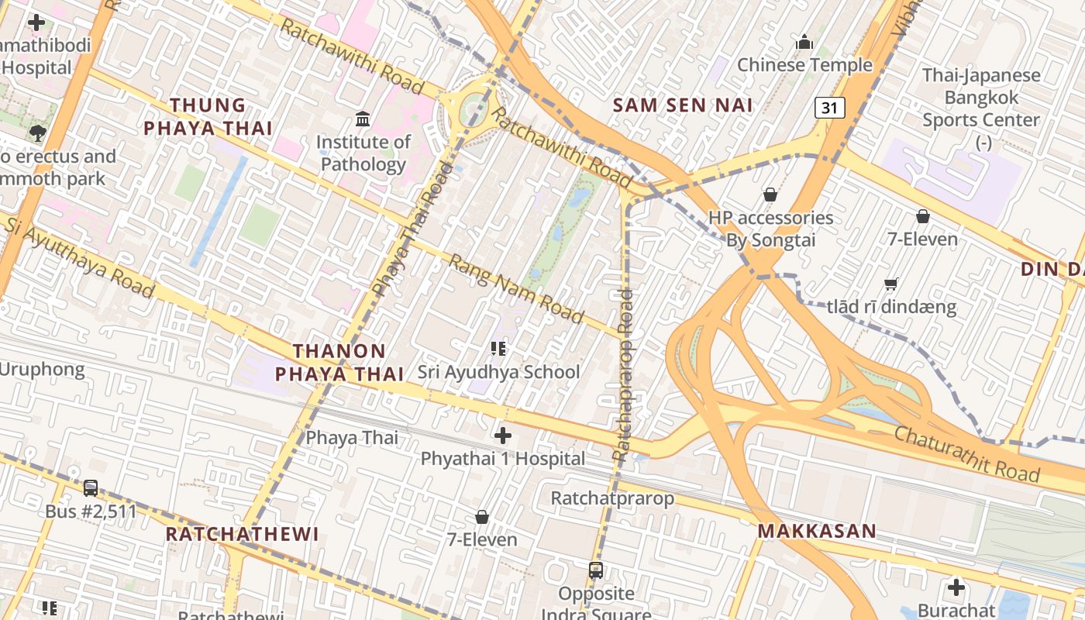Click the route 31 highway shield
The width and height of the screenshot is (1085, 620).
[x=829, y=108]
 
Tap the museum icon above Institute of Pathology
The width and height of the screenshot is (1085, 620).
[x=363, y=119]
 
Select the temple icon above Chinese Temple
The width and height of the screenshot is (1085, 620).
[x=804, y=41]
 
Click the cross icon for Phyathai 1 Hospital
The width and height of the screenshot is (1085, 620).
[x=503, y=436]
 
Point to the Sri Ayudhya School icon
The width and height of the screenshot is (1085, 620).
[x=498, y=349]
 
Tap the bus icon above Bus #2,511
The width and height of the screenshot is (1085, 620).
[x=91, y=488]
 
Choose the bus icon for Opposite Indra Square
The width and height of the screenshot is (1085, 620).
[x=595, y=570]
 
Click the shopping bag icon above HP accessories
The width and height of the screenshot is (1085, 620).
[x=770, y=195]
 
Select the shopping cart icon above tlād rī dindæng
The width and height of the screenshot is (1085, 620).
[x=891, y=284]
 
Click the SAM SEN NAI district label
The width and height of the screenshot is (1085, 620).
[x=683, y=105]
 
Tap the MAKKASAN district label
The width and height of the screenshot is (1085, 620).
[x=817, y=531]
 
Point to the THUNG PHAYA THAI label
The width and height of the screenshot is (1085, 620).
[x=208, y=116]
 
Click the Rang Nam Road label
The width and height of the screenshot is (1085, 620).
[x=516, y=288]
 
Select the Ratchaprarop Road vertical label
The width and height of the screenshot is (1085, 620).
[x=624, y=376]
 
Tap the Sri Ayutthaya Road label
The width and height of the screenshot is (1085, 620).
[x=79, y=257]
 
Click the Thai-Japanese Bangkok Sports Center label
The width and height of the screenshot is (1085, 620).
[x=981, y=98]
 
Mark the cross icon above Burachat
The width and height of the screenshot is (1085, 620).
[x=956, y=587]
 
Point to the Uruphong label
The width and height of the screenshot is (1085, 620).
[x=42, y=369]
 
